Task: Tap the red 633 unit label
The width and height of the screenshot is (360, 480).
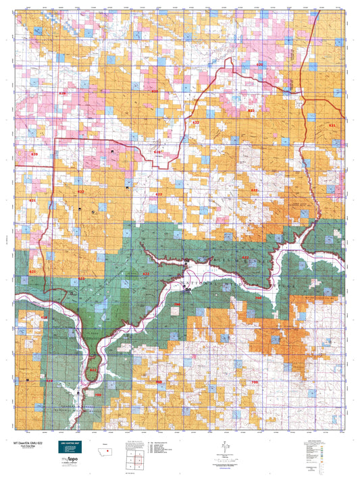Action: point(251,110)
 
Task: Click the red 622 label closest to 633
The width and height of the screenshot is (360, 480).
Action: point(196,122)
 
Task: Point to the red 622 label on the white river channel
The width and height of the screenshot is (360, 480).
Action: point(146,273)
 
